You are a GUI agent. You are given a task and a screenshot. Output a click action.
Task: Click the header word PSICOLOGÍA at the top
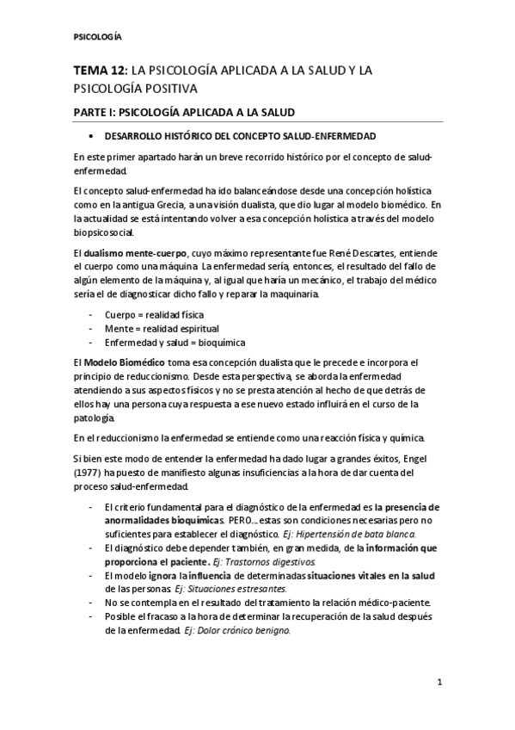pyautogui.click(x=96, y=38)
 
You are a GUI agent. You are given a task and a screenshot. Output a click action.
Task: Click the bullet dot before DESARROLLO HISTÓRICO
pyautogui.click(x=91, y=138)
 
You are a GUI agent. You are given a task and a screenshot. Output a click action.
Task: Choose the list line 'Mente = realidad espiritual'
pyautogui.click(x=161, y=329)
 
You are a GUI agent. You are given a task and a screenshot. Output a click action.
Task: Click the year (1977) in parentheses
pyautogui.click(x=87, y=473)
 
